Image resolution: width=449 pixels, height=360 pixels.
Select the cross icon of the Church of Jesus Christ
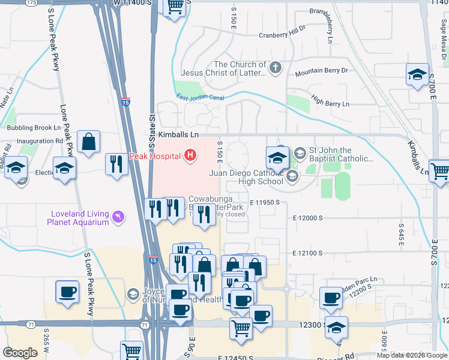(x=276, y=67)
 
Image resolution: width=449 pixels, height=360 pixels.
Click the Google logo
(x=20, y=353)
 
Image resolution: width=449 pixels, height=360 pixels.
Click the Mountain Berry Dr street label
(x=321, y=71)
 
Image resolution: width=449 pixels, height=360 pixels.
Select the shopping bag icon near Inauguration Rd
(x=88, y=143)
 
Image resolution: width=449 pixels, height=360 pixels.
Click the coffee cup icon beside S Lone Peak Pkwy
(x=67, y=292)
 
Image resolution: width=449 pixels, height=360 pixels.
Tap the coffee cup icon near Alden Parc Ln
(x=330, y=298)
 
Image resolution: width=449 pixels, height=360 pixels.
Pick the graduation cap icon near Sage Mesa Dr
(x=418, y=74)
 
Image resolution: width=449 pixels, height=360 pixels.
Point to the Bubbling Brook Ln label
(x=34, y=128)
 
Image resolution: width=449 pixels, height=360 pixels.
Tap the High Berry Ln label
(x=328, y=104)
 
